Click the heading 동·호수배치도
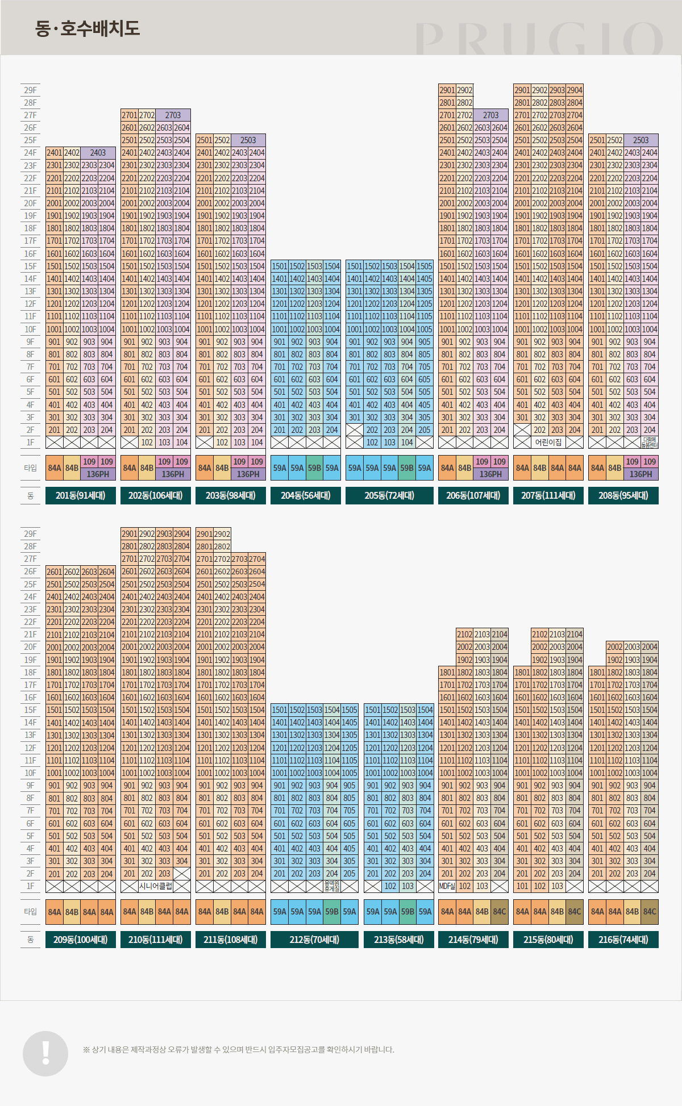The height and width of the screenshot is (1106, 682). tap(88, 28)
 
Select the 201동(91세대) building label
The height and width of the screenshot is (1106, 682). tap(81, 495)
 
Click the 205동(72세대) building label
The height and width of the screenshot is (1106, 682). tap(389, 495)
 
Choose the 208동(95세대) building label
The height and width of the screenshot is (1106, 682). tap(623, 495)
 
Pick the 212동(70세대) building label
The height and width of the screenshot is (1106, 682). tap(314, 940)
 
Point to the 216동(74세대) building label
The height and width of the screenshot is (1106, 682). tap(623, 940)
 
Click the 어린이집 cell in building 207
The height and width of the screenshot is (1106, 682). tap(548, 443)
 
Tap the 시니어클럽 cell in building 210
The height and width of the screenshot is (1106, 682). tap(156, 886)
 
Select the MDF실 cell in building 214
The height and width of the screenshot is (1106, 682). tap(447, 886)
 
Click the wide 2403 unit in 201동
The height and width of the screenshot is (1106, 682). tap(98, 153)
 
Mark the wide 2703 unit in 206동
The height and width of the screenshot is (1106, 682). tap(490, 115)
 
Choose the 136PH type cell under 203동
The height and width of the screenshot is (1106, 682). tap(248, 474)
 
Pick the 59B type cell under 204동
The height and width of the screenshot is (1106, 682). tap(314, 468)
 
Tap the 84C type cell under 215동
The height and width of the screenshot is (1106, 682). tap(575, 912)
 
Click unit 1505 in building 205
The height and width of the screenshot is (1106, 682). tap(425, 266)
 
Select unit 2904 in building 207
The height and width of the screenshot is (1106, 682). tap(575, 90)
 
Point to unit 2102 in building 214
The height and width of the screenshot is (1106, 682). tap(465, 635)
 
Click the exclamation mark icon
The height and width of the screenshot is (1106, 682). tap(45, 1053)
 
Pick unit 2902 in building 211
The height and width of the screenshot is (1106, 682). tap(222, 534)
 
